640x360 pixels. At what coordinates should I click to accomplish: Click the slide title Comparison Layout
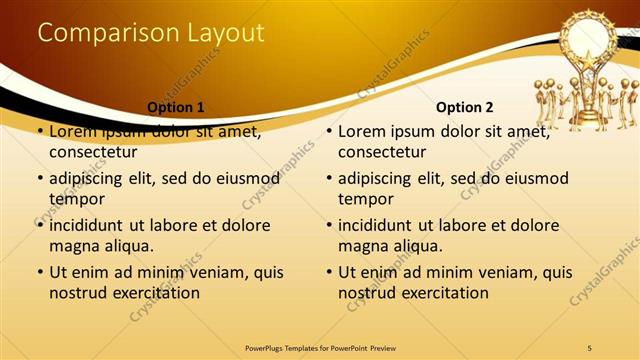(150, 33)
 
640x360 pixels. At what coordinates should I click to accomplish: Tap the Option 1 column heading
(175, 107)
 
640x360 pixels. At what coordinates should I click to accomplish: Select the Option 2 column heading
(465, 107)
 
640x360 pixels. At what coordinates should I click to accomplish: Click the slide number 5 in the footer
(589, 347)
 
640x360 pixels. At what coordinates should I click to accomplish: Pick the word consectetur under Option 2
(382, 153)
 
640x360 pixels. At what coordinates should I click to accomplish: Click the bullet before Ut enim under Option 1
(39, 272)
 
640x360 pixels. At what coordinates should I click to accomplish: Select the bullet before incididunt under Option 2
(329, 226)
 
